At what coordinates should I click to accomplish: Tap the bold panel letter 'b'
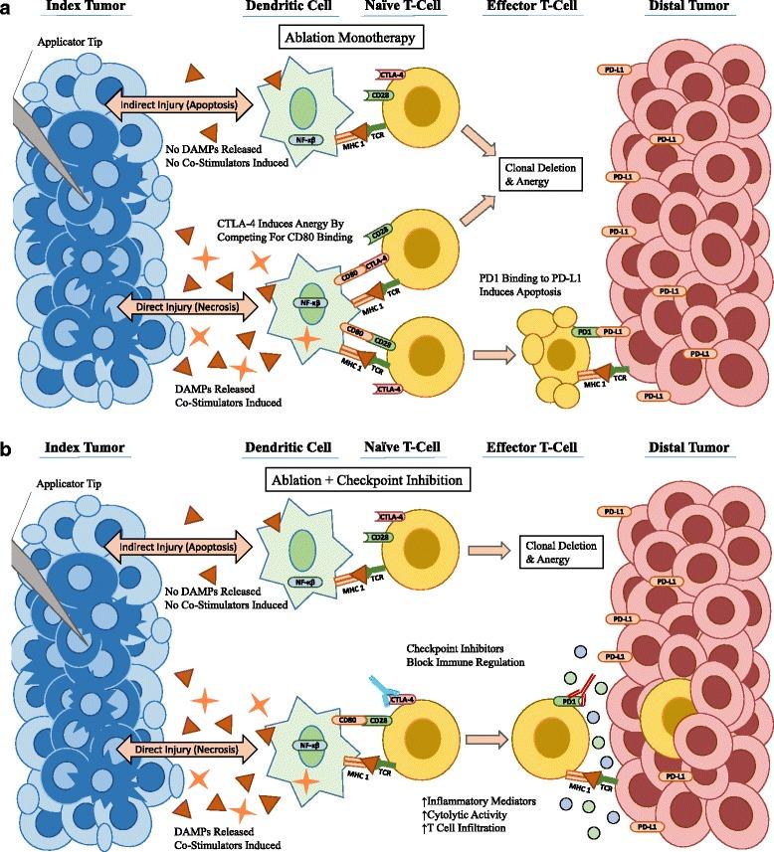[x=8, y=449]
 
